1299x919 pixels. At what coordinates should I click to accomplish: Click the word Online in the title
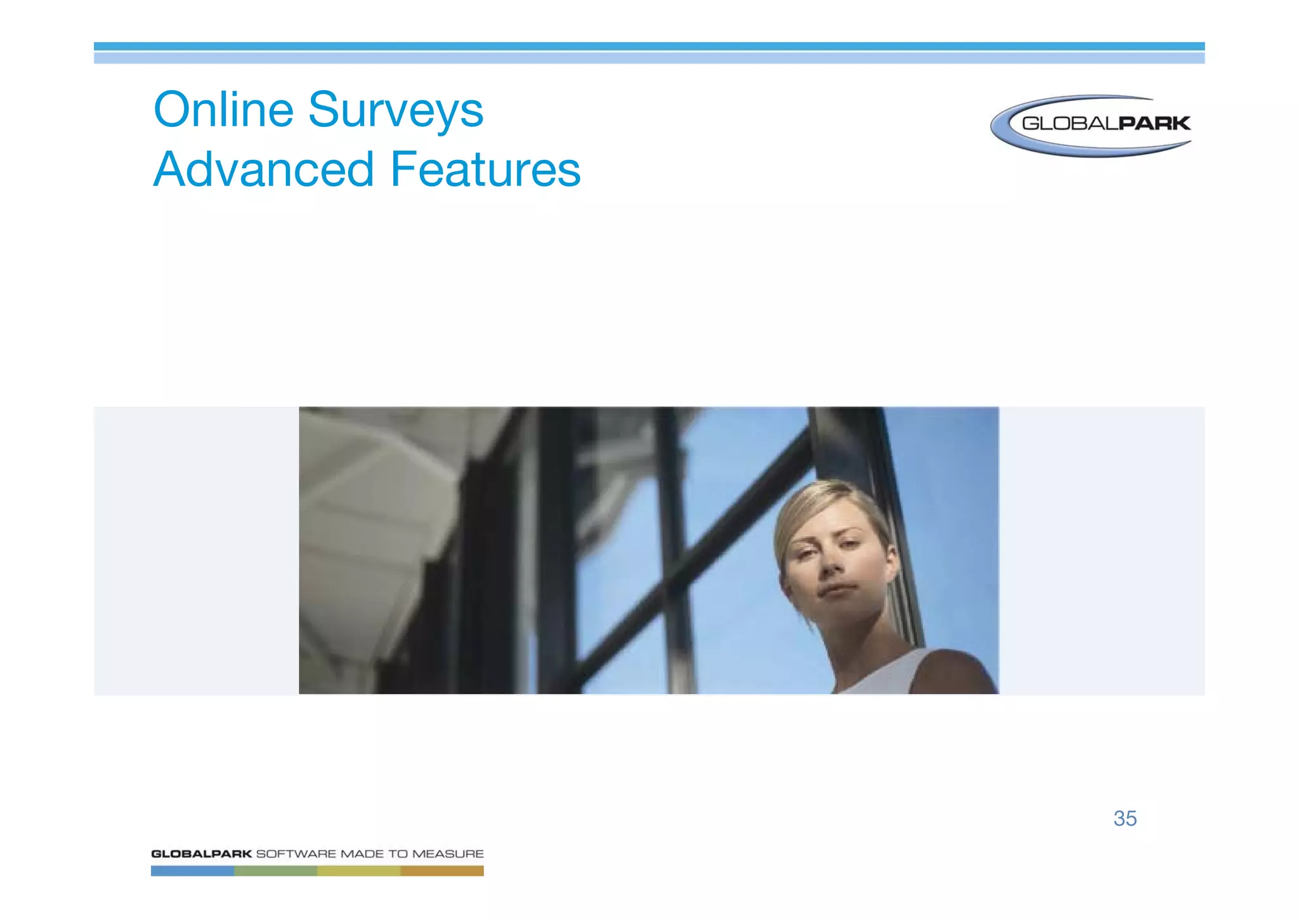coord(223,110)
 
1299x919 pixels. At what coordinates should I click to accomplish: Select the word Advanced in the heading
coord(264,169)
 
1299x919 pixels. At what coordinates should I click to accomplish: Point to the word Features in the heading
coord(485,169)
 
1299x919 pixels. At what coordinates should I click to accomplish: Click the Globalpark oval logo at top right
coord(1091,125)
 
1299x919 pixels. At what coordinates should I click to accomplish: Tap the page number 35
coord(1125,818)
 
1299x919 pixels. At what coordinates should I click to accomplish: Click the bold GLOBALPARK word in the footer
coord(201,854)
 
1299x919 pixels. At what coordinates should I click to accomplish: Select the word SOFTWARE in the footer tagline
coord(296,854)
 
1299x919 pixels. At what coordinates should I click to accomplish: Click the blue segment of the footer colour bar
coord(192,871)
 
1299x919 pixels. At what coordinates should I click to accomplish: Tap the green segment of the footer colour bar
coord(275,871)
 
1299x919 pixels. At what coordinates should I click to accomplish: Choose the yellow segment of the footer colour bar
coord(358,871)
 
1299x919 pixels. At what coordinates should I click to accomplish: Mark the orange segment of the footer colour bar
coord(442,871)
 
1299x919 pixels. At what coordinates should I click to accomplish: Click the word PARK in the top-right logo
coord(1154,123)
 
